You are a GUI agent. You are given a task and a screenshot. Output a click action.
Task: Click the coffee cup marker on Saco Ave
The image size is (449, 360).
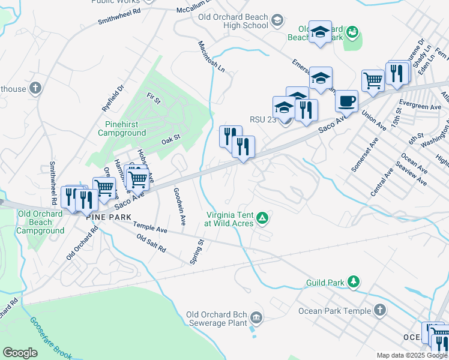[x=346, y=100]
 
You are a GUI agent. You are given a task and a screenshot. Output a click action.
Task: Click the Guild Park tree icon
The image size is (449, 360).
[x=354, y=281]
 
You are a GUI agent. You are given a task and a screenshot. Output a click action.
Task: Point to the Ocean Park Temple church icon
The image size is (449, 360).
[x=379, y=310]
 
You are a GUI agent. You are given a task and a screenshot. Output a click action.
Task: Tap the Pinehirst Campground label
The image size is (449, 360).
[x=122, y=128]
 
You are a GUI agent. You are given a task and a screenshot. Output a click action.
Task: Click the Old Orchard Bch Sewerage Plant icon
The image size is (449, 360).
[x=256, y=317]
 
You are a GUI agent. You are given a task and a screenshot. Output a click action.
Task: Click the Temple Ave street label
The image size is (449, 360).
[x=150, y=229]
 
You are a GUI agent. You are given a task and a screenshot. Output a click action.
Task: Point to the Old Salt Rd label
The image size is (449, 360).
[x=151, y=242]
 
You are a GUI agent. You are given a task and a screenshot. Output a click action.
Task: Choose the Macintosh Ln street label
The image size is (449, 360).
[x=211, y=57]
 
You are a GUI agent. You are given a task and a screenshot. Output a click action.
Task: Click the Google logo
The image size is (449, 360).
[x=20, y=352]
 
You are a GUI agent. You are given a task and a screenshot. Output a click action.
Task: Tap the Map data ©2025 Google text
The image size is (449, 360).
[x=412, y=355]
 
